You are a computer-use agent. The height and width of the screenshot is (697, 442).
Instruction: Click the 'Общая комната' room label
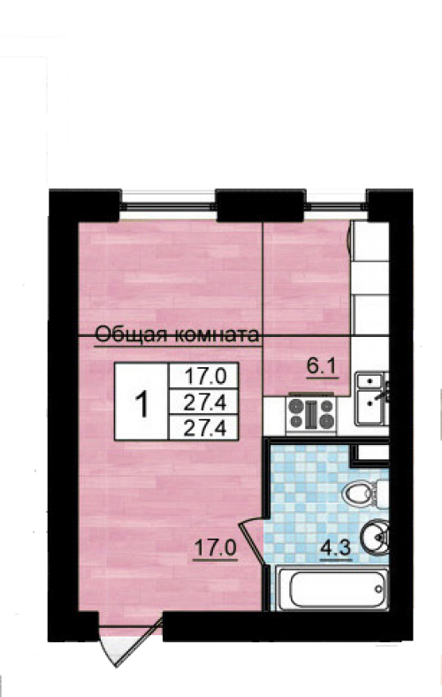point(177,334)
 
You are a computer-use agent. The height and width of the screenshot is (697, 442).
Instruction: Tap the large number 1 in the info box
point(142,403)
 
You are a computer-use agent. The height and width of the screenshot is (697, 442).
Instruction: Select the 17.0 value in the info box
point(205,377)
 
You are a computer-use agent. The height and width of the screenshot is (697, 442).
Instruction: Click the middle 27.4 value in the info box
point(205,402)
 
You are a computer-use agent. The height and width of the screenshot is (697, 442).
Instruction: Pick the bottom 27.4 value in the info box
point(205,428)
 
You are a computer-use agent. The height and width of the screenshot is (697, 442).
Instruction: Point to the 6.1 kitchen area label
point(323,367)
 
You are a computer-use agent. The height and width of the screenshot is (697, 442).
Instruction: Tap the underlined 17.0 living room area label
point(216,548)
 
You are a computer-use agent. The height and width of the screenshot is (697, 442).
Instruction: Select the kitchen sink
point(372,399)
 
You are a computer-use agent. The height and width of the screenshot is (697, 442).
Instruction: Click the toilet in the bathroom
point(366,493)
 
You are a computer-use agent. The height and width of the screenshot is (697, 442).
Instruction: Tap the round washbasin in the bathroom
point(374,537)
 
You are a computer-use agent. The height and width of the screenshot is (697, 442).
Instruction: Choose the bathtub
point(332,588)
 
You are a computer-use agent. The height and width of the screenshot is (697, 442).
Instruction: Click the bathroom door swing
point(253,540)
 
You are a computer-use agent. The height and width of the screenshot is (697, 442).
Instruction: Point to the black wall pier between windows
point(261,204)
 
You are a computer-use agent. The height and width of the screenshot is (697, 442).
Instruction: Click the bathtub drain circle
point(378,589)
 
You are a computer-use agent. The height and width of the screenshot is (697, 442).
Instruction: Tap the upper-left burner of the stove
point(295,406)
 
